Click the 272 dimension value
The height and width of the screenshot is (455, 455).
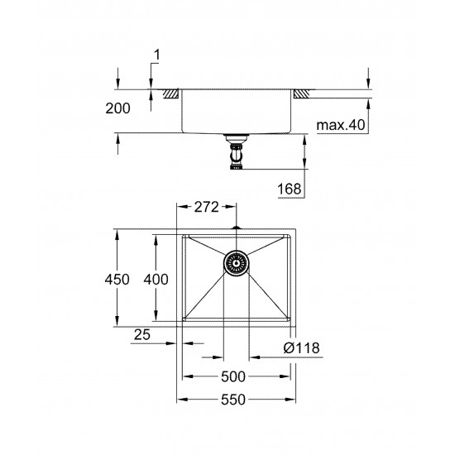(206, 208)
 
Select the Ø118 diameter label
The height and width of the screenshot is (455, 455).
(303, 348)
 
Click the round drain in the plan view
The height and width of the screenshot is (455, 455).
(235, 263)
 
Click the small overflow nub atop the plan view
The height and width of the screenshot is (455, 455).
(235, 226)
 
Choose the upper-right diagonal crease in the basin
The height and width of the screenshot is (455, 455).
(266, 247)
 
